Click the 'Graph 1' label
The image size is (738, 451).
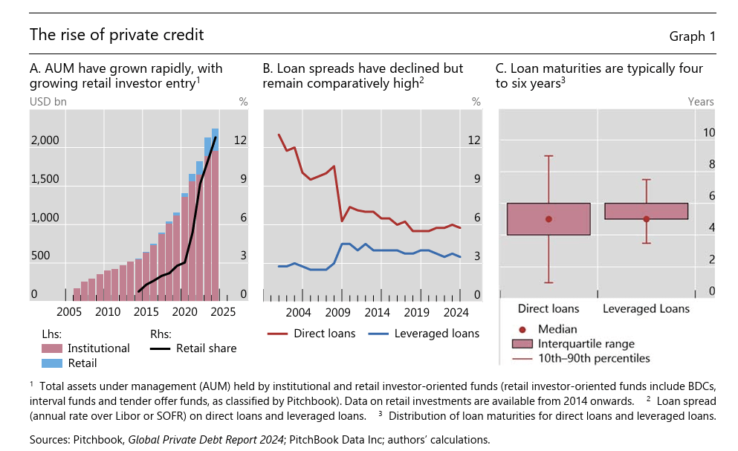(692, 36)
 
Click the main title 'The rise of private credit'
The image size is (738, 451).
(117, 35)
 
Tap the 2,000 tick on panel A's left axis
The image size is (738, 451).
(45, 140)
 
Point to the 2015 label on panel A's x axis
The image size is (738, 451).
(146, 311)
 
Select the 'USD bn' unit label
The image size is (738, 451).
(48, 102)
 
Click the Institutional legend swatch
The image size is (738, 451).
(51, 348)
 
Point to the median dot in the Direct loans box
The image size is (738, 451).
(548, 219)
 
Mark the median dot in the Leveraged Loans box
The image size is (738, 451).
(646, 219)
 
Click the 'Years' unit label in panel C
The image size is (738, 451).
(700, 102)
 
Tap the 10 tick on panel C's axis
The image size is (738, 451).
(709, 133)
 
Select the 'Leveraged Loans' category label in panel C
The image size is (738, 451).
(646, 308)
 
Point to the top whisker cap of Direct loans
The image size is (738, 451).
(548, 156)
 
